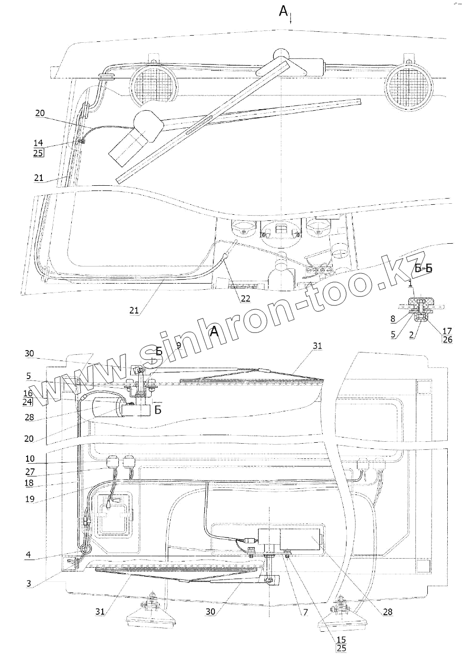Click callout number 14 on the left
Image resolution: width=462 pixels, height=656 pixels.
(38, 143)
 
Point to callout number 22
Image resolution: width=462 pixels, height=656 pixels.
(245, 298)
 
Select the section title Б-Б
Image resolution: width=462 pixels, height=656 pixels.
(423, 268)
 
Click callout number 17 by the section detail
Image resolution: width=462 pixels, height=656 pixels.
(446, 331)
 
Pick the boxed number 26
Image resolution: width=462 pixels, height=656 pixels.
(446, 339)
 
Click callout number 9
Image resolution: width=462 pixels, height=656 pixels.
(179, 345)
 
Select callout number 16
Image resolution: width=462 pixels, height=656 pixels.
(28, 393)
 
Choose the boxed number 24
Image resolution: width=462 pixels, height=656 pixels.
(28, 402)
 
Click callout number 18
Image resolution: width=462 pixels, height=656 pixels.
(30, 483)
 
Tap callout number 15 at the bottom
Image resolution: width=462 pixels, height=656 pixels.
(341, 639)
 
